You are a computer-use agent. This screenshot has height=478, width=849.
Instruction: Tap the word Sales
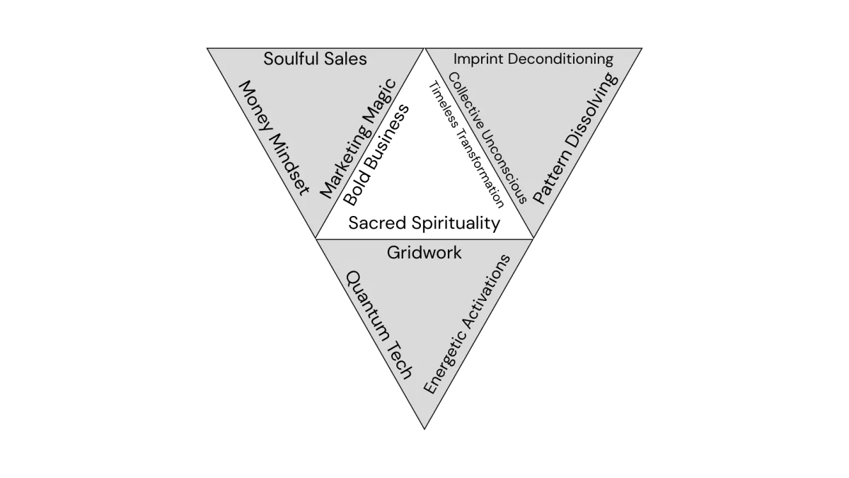tap(345, 59)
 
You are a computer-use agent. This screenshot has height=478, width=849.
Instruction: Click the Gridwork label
tap(424, 252)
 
